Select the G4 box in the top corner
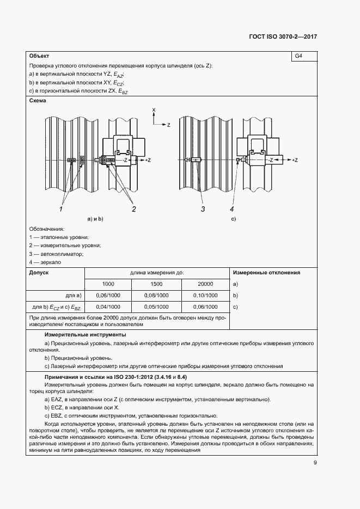(298, 56)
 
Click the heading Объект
(39, 56)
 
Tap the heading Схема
(38, 101)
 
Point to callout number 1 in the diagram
(62, 208)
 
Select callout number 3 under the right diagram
(202, 208)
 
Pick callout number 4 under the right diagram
(231, 208)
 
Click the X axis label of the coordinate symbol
(154, 110)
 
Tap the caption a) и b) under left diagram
(95, 219)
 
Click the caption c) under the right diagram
(234, 219)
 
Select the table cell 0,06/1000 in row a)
(108, 295)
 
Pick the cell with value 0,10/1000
(205, 295)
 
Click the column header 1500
(156, 284)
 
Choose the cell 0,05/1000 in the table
(156, 306)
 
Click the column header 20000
(205, 284)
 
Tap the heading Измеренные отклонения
(266, 273)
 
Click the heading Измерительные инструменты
(86, 334)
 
